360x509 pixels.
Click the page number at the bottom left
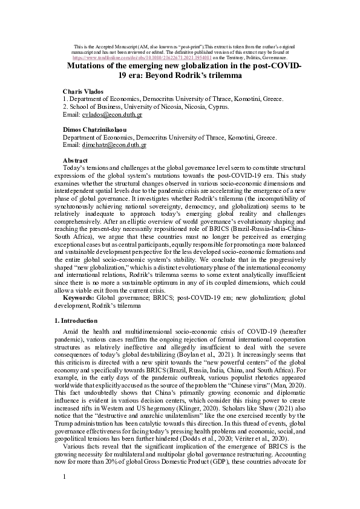(65, 494)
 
